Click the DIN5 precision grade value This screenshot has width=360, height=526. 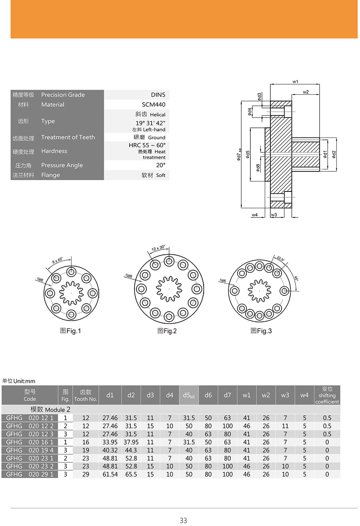point(158,95)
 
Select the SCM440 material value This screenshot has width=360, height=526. point(154,105)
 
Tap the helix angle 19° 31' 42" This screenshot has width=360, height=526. point(150,123)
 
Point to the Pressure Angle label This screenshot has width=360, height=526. point(62,165)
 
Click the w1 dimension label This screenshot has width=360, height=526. point(295,82)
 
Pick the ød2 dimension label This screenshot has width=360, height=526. point(334,154)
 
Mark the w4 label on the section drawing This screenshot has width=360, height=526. point(254,215)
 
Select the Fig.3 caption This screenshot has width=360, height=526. point(261,331)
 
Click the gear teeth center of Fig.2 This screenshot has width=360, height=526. point(169,288)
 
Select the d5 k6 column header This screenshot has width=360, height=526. point(189,395)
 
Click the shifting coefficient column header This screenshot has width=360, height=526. point(327,395)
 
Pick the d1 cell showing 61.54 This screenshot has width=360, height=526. point(110,474)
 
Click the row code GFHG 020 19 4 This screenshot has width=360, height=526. point(30,450)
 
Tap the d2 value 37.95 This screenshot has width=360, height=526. point(131,442)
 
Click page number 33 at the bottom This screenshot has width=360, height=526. point(183,520)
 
